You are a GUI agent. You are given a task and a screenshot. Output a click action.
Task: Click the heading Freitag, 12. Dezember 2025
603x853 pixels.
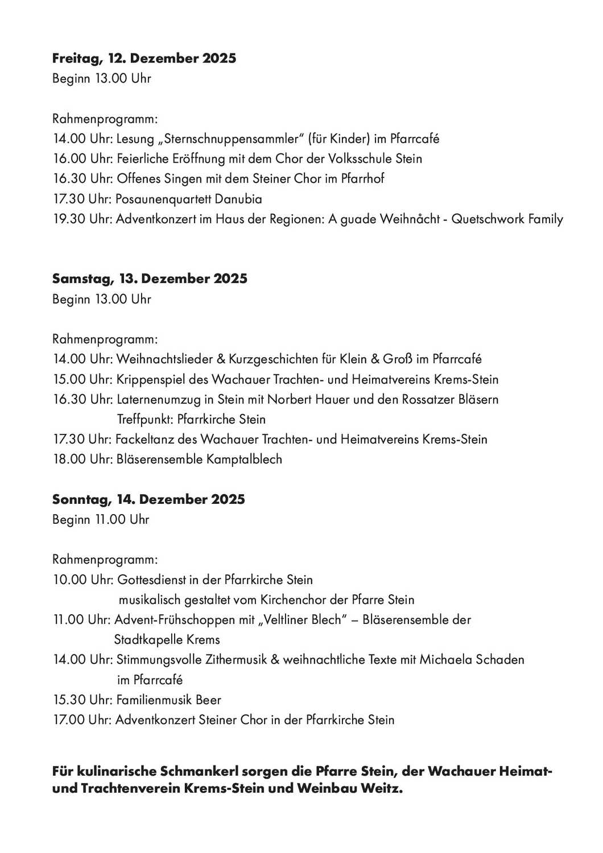point(144,59)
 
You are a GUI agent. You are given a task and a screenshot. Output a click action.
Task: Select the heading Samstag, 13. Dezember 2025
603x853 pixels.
point(150,279)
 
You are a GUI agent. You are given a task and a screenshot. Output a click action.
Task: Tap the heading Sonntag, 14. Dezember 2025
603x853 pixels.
point(148,499)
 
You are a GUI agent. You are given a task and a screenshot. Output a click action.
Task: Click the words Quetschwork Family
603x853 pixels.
point(507,219)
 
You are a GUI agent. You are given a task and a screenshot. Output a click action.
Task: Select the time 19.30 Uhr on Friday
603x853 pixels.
point(82,219)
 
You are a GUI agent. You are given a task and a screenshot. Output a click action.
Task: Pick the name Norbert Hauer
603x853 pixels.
point(308,399)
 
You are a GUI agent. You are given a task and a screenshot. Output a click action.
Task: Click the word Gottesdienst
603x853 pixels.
point(151,580)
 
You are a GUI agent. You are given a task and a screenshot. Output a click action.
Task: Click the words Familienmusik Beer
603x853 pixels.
point(168,700)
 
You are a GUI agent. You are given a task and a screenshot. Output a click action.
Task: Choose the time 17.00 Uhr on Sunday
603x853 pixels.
point(82,720)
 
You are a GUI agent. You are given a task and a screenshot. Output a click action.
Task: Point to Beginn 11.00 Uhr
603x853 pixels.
point(101,520)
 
